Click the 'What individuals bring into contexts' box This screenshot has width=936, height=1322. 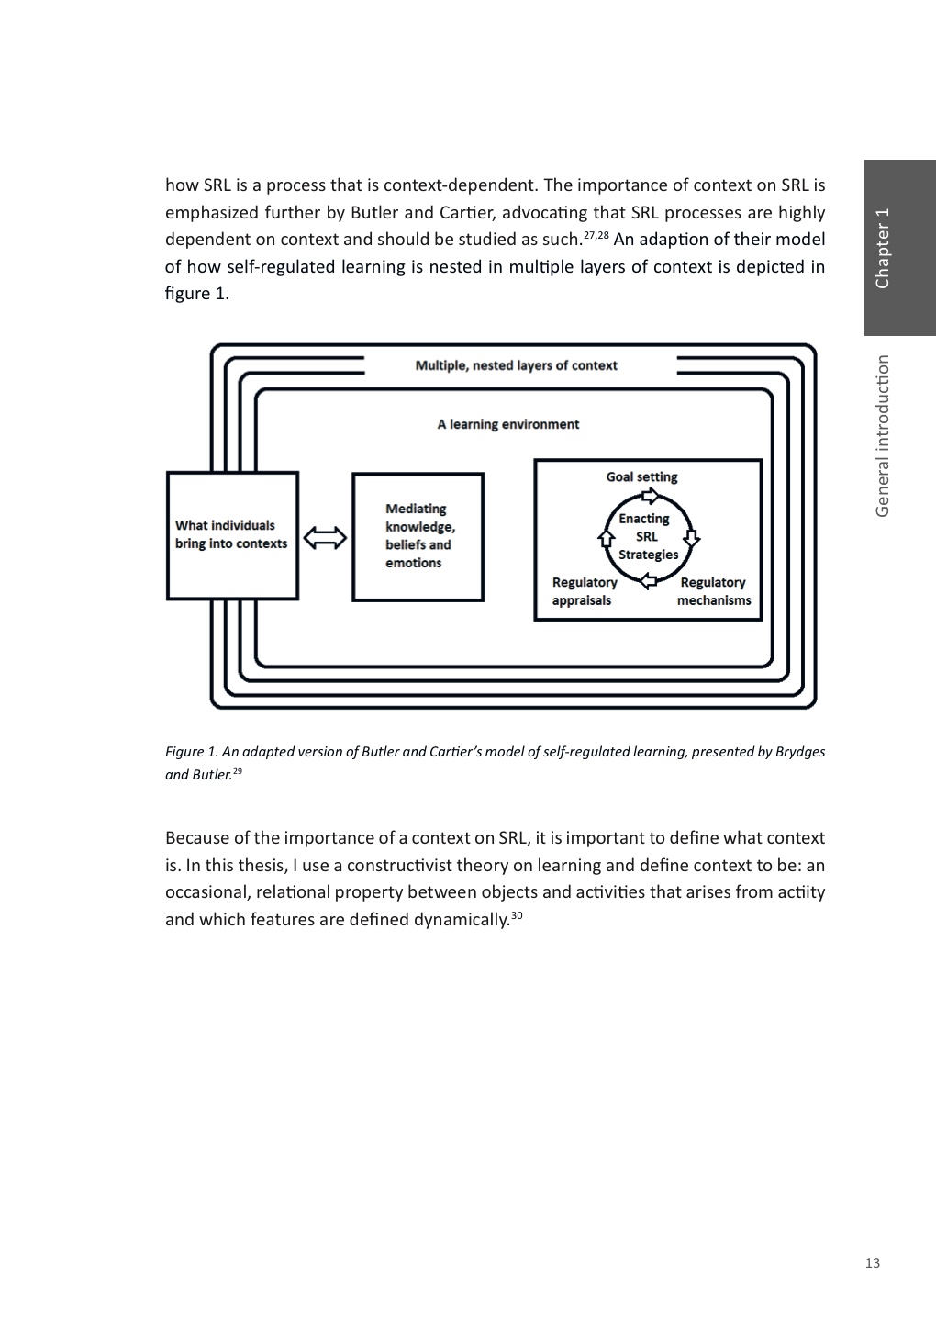pos(232,535)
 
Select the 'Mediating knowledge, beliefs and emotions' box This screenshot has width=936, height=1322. pos(418,536)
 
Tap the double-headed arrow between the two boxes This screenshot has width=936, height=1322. pos(325,538)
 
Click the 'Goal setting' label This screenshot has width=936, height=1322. pos(641,477)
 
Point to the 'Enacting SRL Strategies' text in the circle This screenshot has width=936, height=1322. pos(646,536)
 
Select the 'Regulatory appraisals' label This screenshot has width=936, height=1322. pos(584,591)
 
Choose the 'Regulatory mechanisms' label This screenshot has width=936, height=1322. pos(713,591)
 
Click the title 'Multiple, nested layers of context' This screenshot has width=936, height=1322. pos(516,365)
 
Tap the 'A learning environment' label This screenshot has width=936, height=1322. pos(508,424)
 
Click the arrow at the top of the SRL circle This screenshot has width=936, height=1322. pos(649,497)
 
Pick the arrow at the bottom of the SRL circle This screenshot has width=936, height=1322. pos(648,579)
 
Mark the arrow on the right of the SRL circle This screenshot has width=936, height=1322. pos(691,537)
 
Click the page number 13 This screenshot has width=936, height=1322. pos(872,1263)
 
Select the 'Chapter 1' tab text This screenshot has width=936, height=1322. pos(883,249)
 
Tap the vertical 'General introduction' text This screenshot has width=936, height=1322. pos(883,436)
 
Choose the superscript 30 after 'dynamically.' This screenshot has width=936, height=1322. pos(517,915)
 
